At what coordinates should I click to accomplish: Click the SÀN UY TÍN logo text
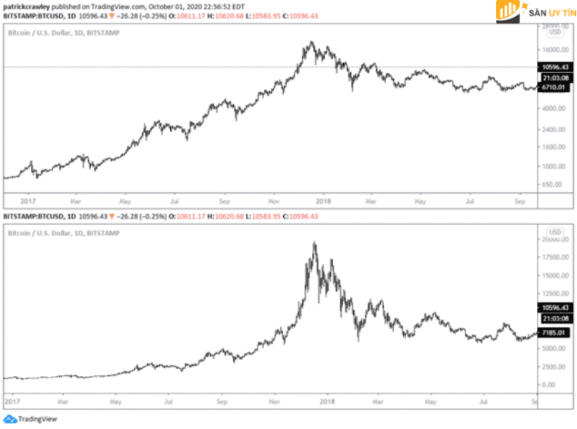coord(538,14)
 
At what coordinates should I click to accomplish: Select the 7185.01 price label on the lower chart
coord(554,332)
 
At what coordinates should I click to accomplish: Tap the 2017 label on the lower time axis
coord(13,401)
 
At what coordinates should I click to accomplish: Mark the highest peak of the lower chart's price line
coord(314,243)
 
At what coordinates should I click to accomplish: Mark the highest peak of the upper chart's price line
coord(311,42)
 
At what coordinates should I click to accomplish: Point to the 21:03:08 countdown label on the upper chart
coord(554,78)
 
